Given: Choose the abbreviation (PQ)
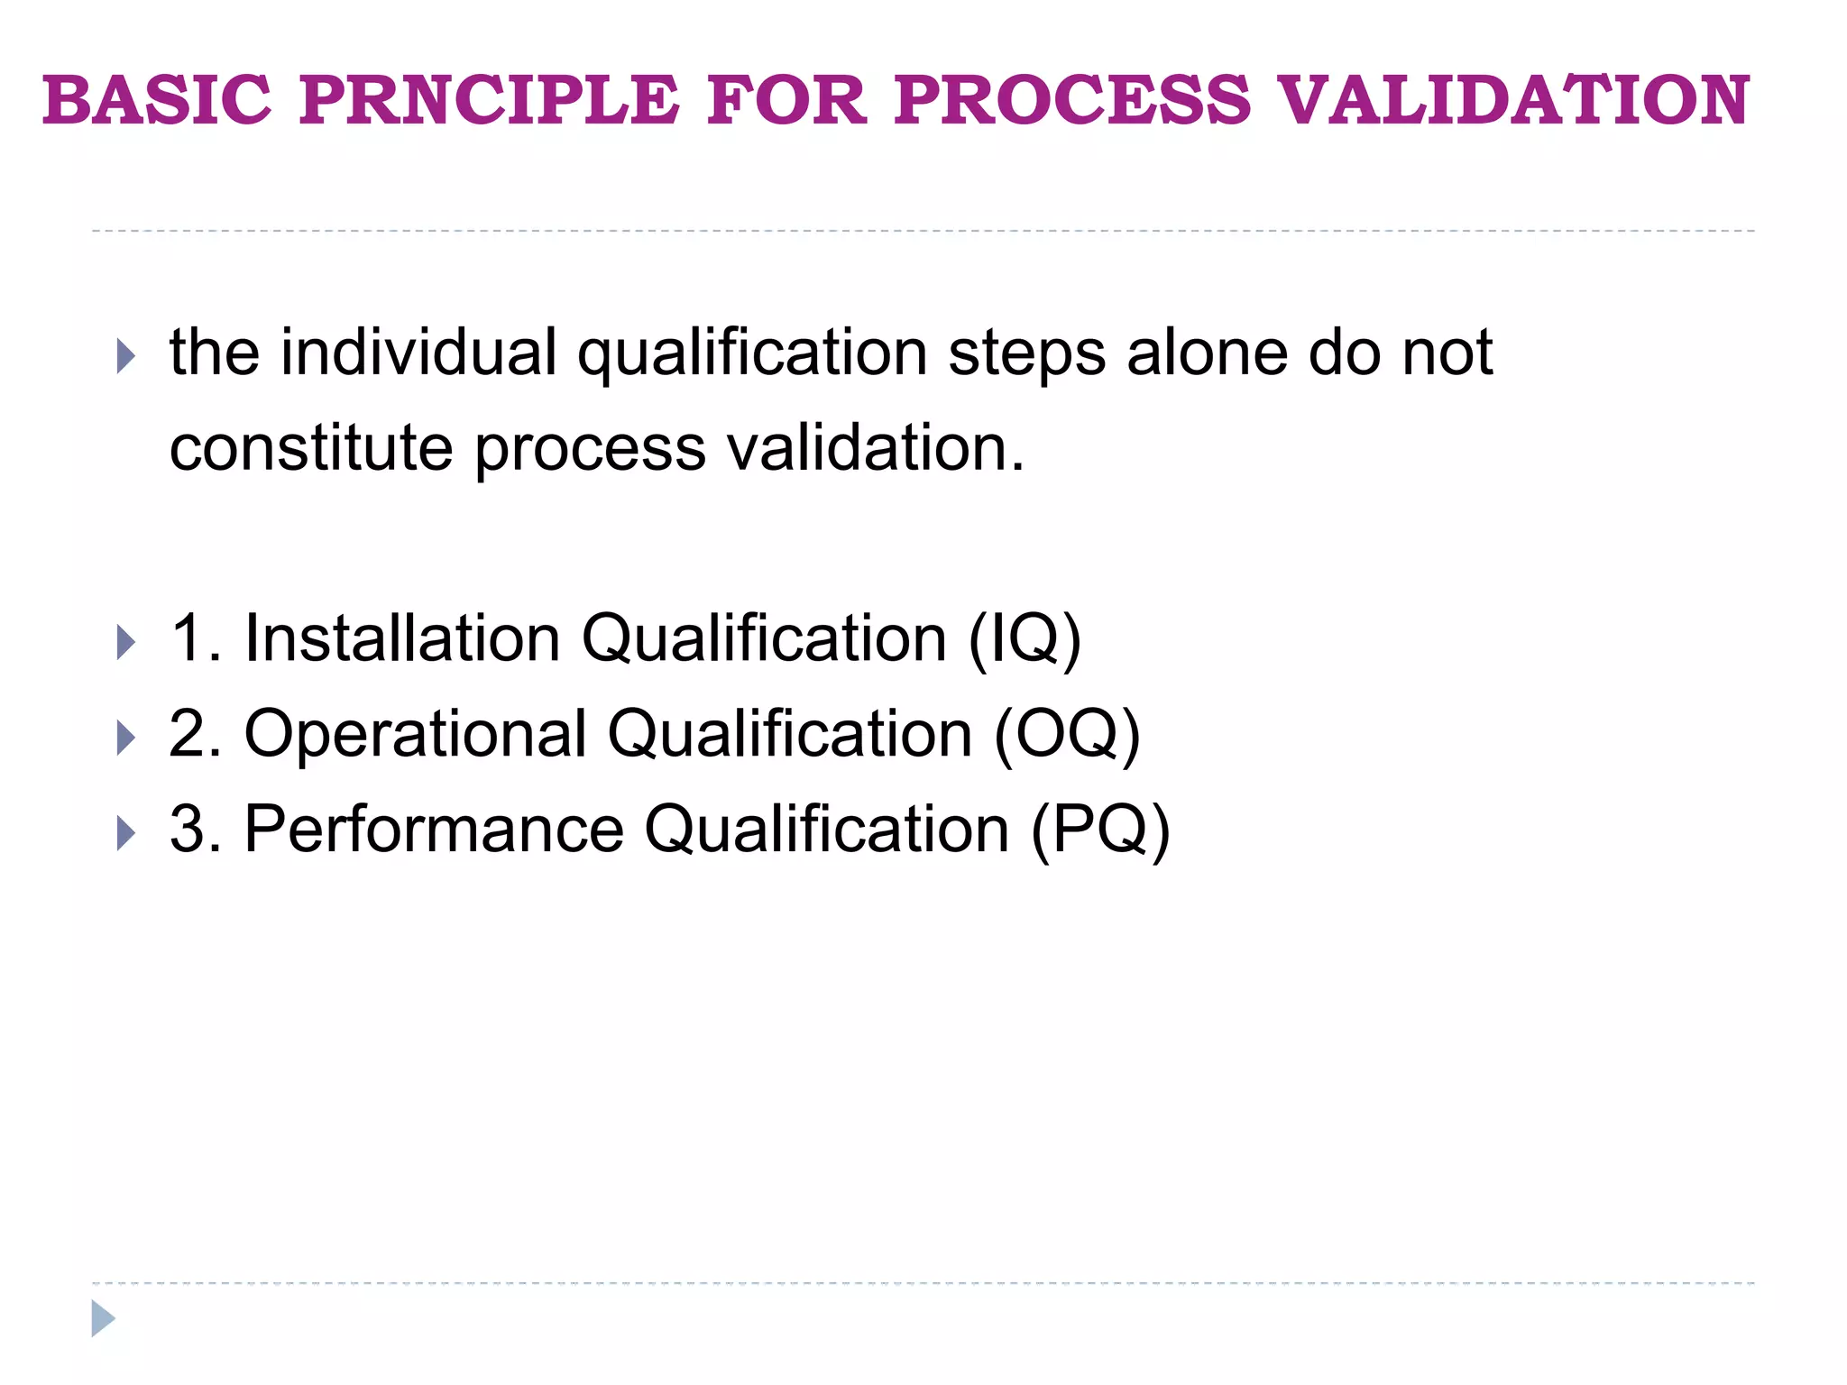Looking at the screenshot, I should [x=1100, y=830].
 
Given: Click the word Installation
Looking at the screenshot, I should [x=402, y=638].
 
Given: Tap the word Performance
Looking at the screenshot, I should [x=434, y=830].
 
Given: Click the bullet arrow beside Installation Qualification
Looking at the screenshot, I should [x=125, y=643].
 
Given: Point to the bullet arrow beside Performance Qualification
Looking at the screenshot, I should [x=125, y=834].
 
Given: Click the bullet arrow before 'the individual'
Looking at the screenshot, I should [x=125, y=356].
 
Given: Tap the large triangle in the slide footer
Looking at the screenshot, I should [x=103, y=1318].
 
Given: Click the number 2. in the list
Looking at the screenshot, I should [x=195, y=734].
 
